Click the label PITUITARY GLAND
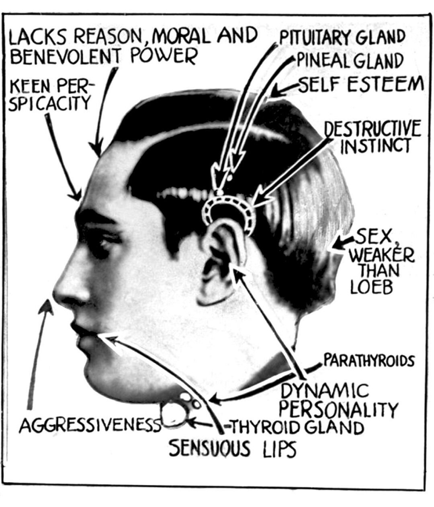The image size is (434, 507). [x=342, y=38]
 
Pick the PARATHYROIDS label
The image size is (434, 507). [x=368, y=360]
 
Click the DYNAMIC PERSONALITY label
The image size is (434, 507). [x=338, y=400]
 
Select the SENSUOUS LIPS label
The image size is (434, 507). [x=232, y=448]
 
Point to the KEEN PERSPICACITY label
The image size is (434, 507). [x=51, y=94]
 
